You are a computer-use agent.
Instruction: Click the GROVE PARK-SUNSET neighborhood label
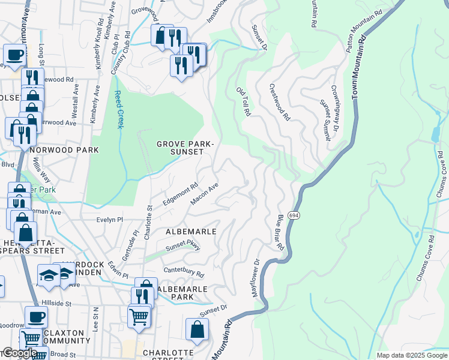185,148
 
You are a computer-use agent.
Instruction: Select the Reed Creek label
119,109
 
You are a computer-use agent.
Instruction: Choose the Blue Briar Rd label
280,232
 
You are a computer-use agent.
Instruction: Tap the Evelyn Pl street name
109,220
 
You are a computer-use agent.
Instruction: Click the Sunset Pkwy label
183,246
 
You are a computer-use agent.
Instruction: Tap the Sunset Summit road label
325,120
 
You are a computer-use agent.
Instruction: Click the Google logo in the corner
20,353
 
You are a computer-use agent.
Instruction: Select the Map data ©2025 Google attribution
412,355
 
